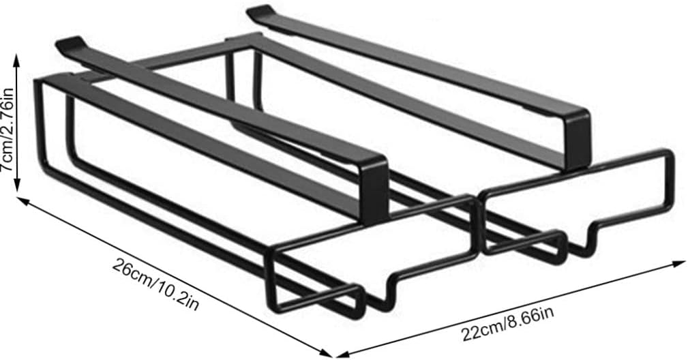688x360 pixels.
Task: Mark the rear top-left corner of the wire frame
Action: click(x=35, y=82)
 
